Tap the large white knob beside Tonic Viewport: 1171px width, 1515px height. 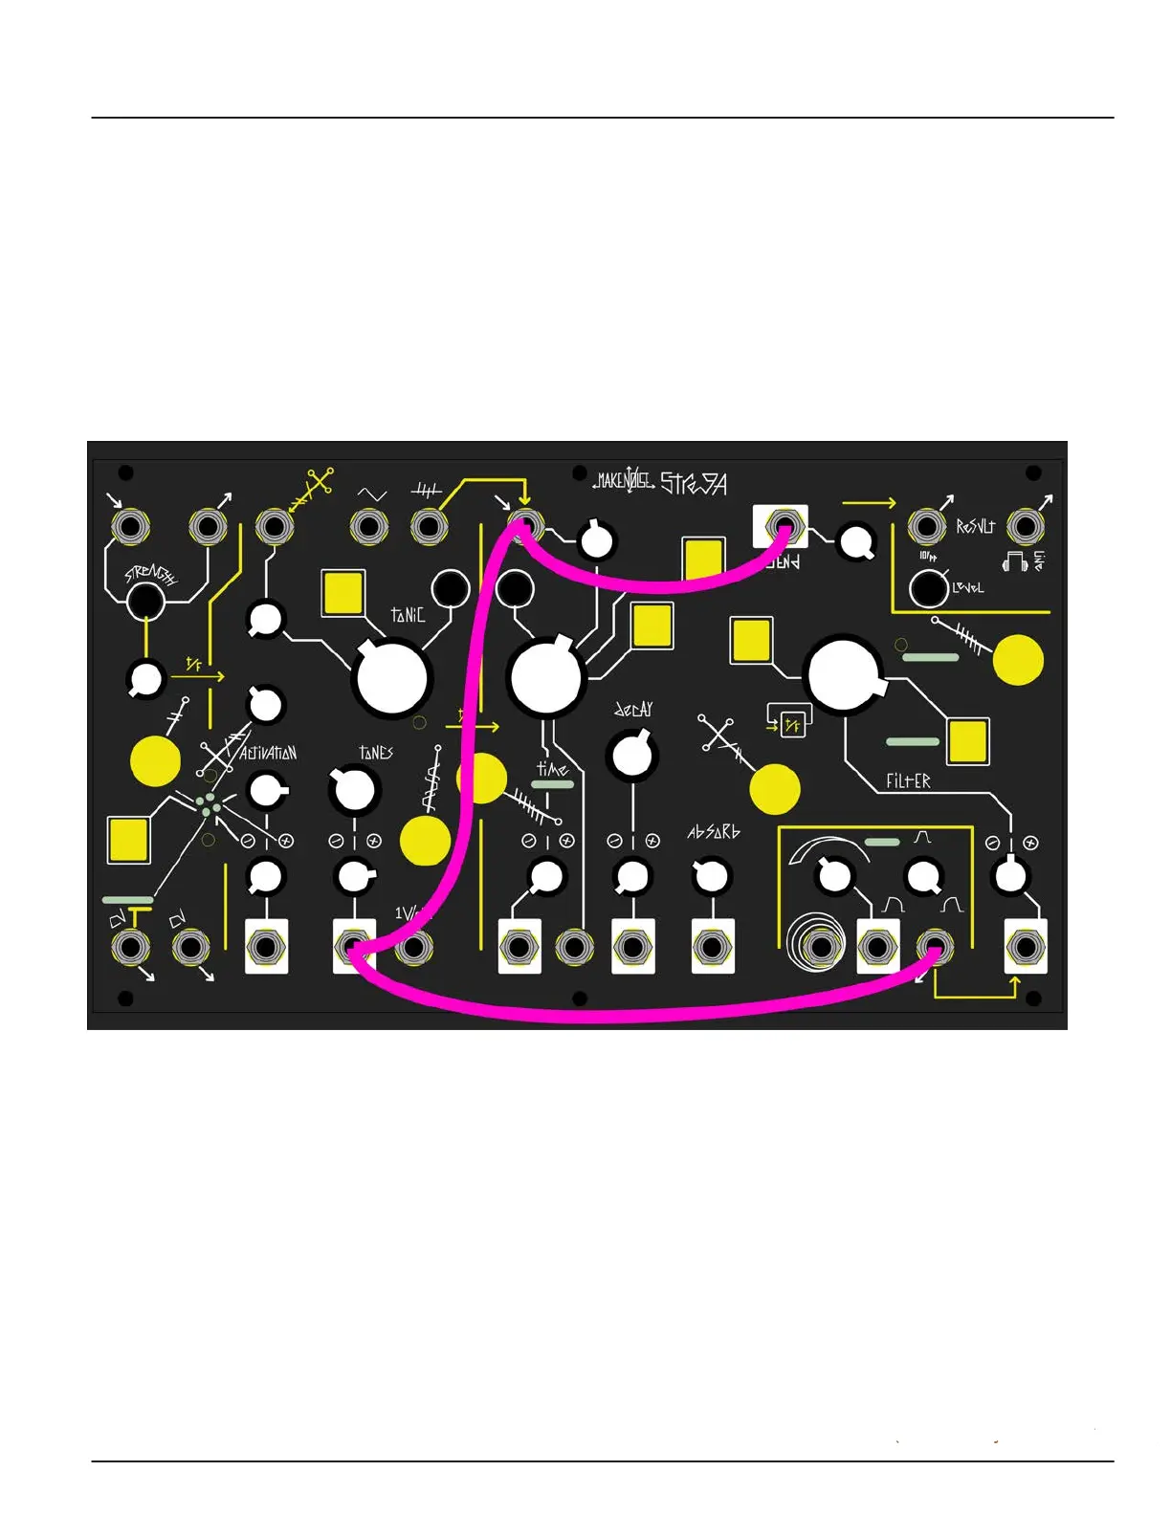pyautogui.click(x=391, y=678)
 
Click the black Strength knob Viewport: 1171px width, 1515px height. pyautogui.click(x=145, y=603)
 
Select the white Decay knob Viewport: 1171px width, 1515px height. pyautogui.click(x=630, y=754)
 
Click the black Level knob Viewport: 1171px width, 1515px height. pyautogui.click(x=928, y=589)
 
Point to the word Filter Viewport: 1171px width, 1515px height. pyautogui.click(x=908, y=781)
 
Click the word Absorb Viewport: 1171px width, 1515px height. pyautogui.click(x=714, y=832)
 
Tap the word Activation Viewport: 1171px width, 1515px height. pyautogui.click(x=268, y=753)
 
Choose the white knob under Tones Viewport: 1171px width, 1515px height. pyautogui.click(x=353, y=790)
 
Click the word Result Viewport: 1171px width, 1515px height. pyautogui.click(x=976, y=527)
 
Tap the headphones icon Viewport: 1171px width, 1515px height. pyautogui.click(x=1014, y=561)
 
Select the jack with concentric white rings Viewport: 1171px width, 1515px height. pyautogui.click(x=820, y=947)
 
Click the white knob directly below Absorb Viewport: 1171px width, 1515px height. pyautogui.click(x=711, y=875)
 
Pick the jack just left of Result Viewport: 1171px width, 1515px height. pyautogui.click(x=925, y=527)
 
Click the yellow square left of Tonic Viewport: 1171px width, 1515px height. pyautogui.click(x=343, y=593)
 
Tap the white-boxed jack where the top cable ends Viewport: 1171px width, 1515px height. pyautogui.click(x=784, y=527)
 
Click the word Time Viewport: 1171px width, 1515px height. pyautogui.click(x=552, y=768)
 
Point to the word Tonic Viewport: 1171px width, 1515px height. pyautogui.click(x=408, y=615)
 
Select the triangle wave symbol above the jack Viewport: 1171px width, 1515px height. pyautogui.click(x=371, y=494)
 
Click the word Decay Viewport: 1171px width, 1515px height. pyautogui.click(x=633, y=710)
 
